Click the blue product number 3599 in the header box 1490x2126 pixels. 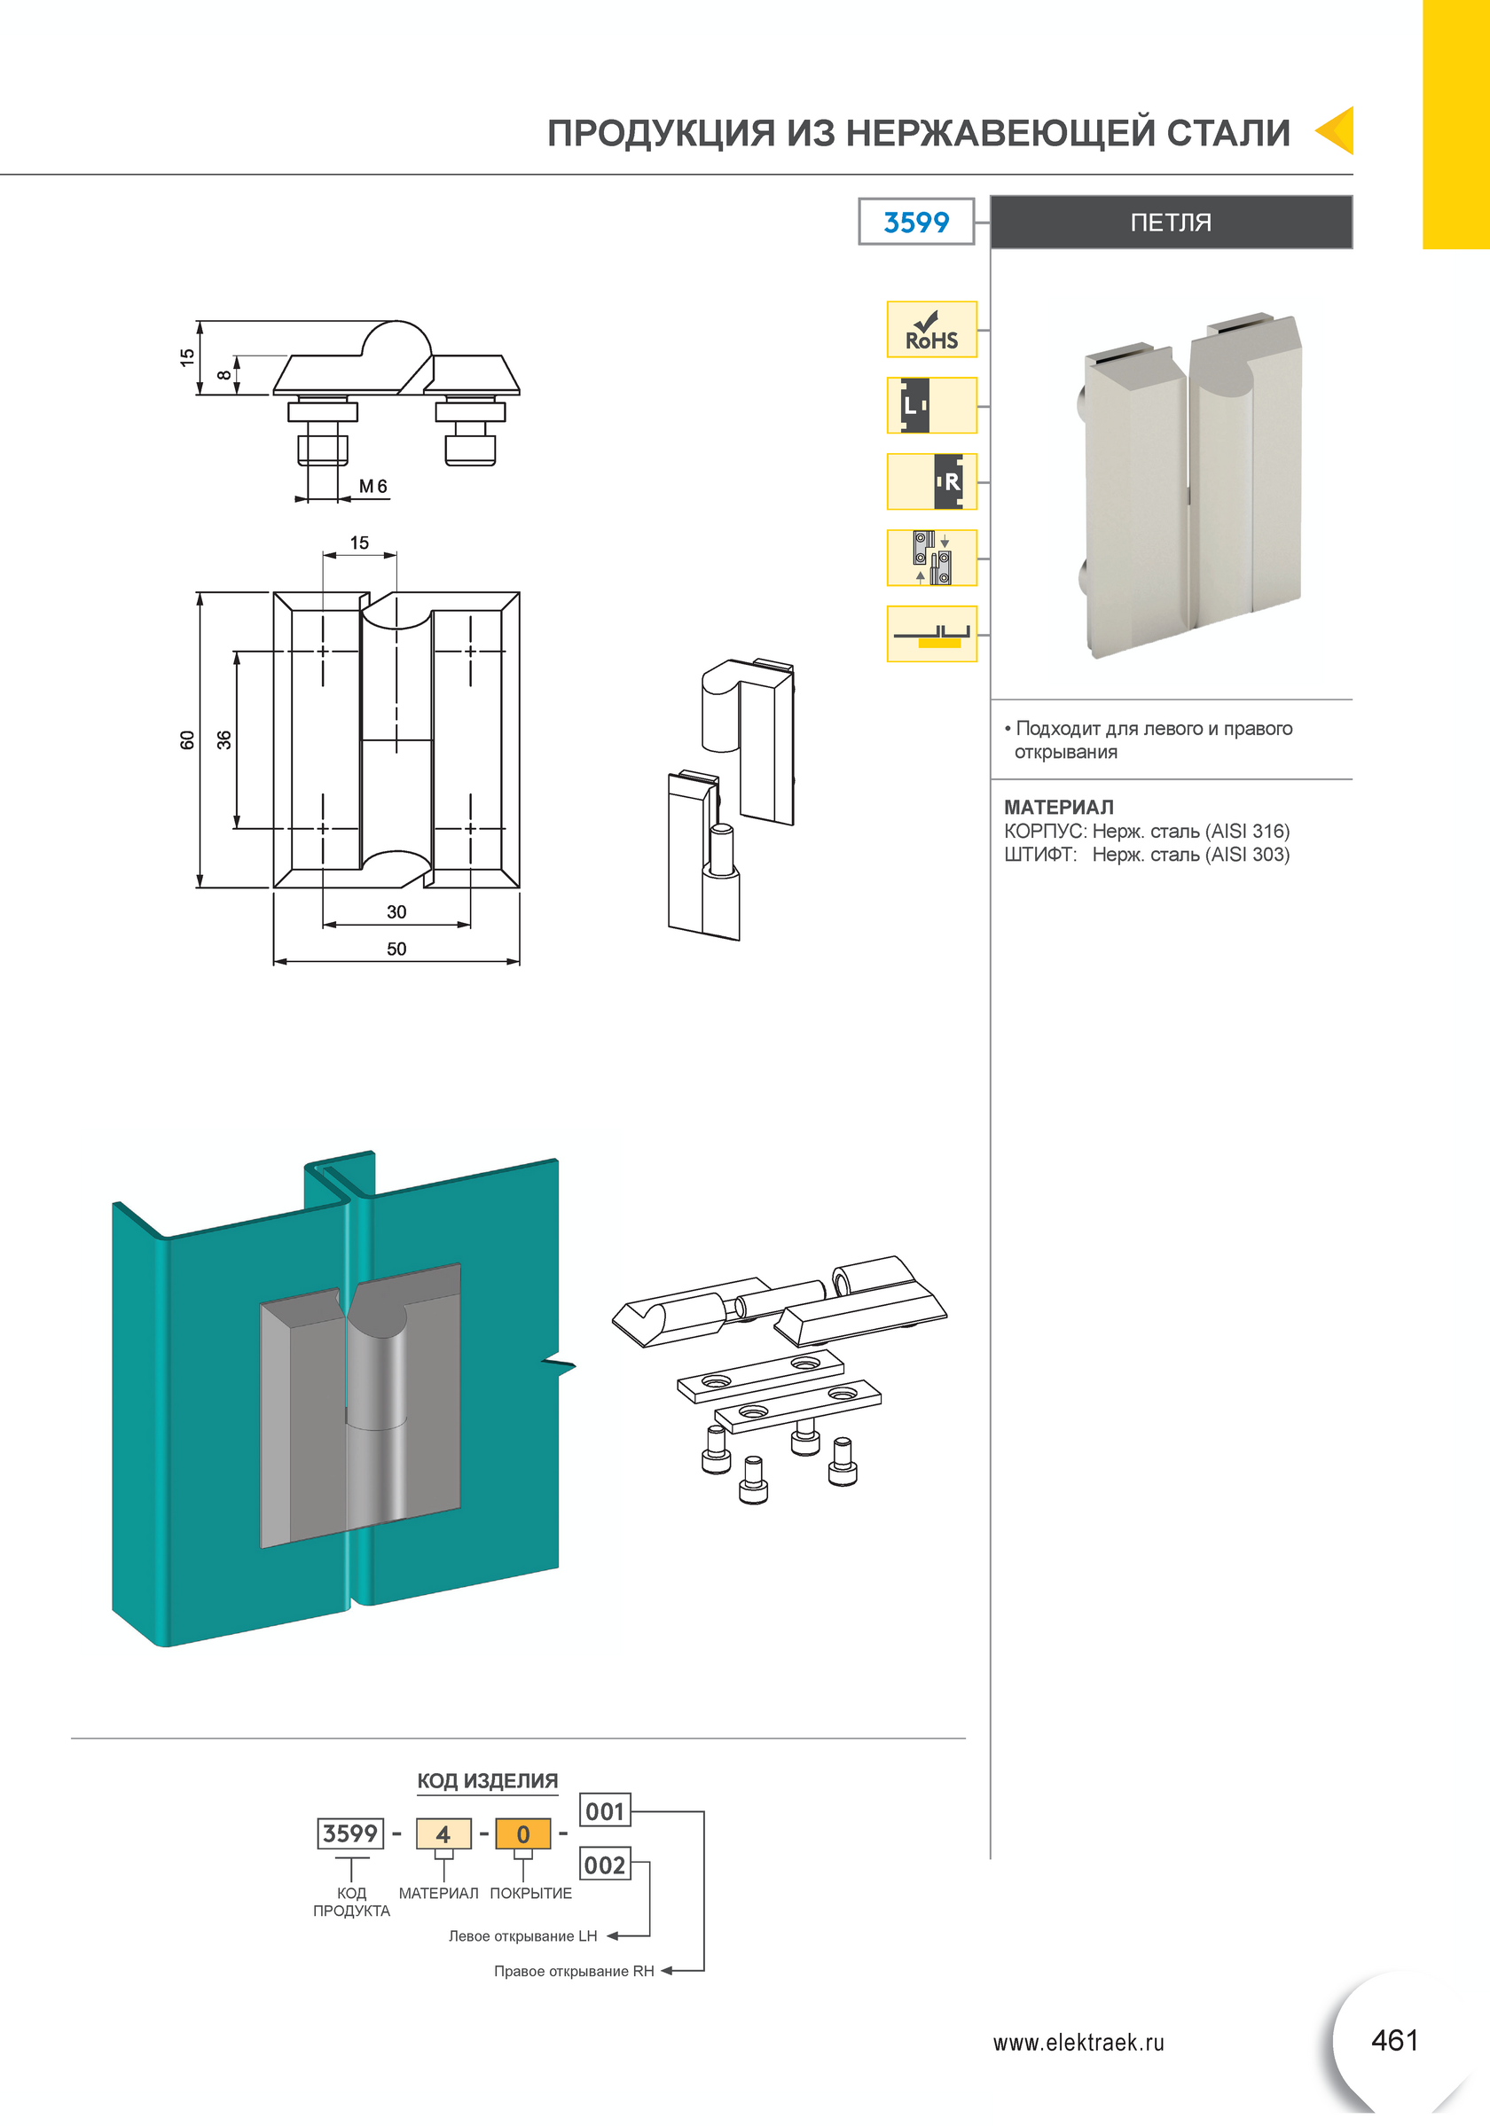916,223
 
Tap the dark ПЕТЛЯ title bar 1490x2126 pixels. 1172,223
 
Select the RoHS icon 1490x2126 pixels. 931,330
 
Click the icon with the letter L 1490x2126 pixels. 931,405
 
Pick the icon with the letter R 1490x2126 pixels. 931,481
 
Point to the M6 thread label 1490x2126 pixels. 372,486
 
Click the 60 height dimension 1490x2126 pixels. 187,739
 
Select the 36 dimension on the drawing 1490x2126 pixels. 224,739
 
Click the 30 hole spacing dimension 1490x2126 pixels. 396,912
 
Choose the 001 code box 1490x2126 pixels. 605,1811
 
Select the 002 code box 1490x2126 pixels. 605,1864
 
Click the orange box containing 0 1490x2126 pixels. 523,1834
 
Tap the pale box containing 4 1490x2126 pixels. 443,1834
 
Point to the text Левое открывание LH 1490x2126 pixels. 523,1936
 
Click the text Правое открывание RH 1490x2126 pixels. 574,1972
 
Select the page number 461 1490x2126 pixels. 1394,2040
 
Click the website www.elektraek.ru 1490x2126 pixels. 1078,2043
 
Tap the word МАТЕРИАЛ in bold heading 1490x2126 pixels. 1058,808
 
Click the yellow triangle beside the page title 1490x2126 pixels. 1337,130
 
